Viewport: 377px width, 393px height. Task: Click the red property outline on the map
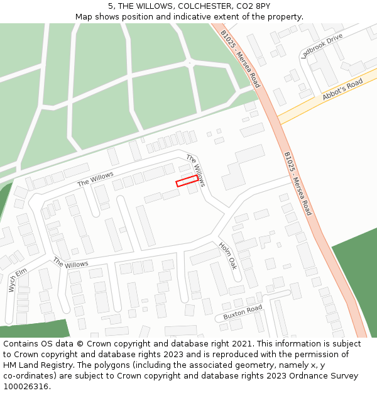tap(187, 181)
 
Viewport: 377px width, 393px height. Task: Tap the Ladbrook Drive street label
tap(322, 46)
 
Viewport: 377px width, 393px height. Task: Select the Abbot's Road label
tap(342, 89)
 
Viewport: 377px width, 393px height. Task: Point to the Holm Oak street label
tap(228, 255)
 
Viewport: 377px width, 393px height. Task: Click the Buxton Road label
tap(243, 312)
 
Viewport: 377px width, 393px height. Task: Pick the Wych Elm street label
tap(18, 280)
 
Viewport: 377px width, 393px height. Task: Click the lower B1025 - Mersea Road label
tap(297, 183)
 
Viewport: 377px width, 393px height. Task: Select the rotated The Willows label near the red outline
tap(195, 170)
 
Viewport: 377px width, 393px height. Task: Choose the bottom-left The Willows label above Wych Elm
tap(70, 262)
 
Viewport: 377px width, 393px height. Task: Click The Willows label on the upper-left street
tap(96, 179)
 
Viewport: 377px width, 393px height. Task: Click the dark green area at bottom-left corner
tap(31, 329)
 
